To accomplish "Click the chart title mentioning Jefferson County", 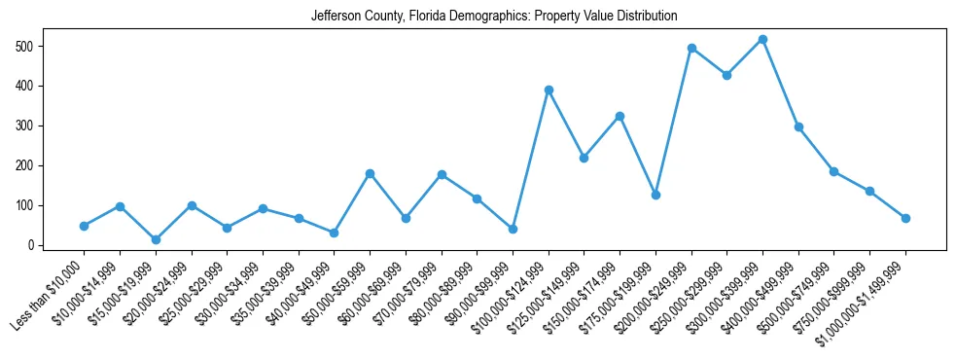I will [x=494, y=17].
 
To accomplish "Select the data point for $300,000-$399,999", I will [x=762, y=40].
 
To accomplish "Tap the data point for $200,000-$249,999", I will [x=691, y=48].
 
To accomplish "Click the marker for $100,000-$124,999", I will [x=549, y=90].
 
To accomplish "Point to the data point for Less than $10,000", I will [x=84, y=226].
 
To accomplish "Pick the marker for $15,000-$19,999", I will [x=156, y=239].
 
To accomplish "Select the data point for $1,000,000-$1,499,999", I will [x=905, y=218].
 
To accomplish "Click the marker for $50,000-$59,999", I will [x=370, y=173].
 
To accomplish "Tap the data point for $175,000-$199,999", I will [x=655, y=195].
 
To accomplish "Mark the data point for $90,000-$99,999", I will [x=513, y=229].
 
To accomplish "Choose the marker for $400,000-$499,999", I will [x=798, y=126].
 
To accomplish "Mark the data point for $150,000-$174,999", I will [x=620, y=116].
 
